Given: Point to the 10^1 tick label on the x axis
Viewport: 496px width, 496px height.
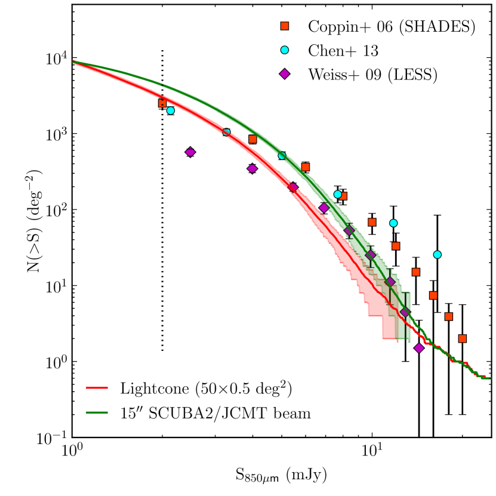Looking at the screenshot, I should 372,454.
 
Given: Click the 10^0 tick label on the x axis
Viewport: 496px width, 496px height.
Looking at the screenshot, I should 73,454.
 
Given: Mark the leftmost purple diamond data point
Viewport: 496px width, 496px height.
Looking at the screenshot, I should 190,152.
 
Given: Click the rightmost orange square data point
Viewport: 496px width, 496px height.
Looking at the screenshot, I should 462,338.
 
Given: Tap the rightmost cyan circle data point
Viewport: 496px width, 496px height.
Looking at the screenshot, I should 438,254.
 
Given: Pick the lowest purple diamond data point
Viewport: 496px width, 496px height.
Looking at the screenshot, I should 419,347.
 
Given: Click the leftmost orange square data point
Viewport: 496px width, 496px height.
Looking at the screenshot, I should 162,103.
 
